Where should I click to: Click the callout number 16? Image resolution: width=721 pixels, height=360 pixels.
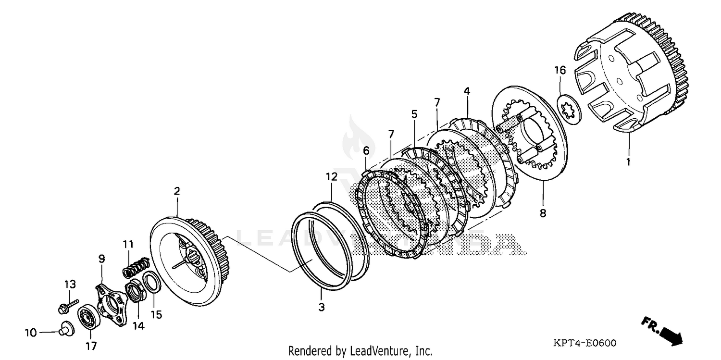(x=560, y=71)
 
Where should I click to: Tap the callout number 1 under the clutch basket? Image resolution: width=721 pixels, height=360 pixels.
(x=628, y=162)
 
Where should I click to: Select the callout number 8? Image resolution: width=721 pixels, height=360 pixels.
(x=543, y=213)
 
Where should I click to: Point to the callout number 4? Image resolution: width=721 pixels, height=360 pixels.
(x=467, y=91)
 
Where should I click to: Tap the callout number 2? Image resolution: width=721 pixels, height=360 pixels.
(x=177, y=191)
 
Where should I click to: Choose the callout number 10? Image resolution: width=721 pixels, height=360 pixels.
(x=30, y=332)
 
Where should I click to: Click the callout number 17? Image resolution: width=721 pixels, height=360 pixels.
(x=91, y=346)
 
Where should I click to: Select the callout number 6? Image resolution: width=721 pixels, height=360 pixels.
(x=366, y=151)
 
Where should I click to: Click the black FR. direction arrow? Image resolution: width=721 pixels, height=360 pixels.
(x=671, y=335)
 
